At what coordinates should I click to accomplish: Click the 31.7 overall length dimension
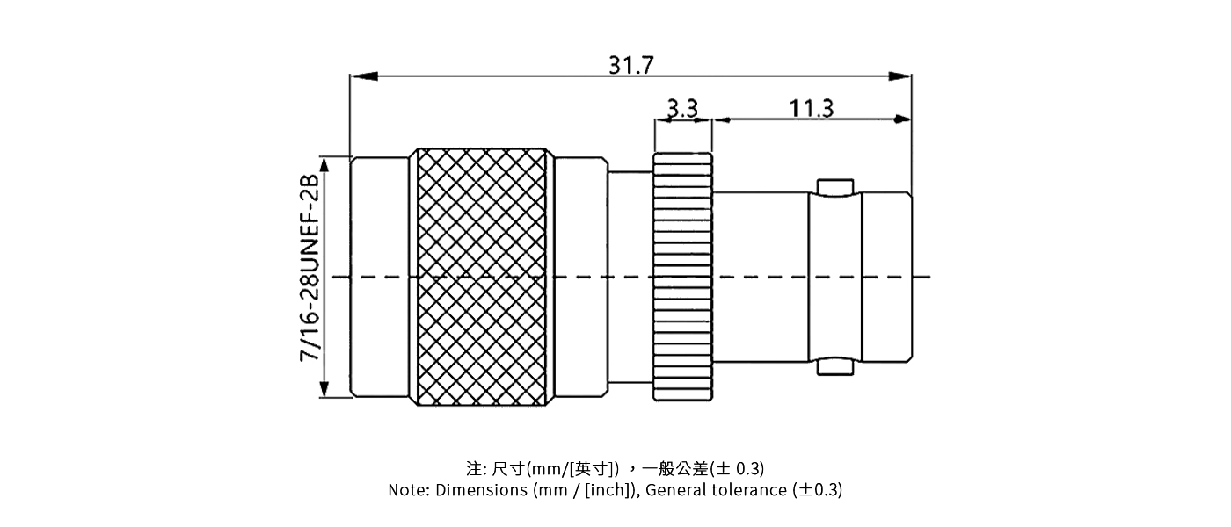tap(630, 65)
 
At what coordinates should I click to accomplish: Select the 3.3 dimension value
tap(682, 108)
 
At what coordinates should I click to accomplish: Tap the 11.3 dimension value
tap(811, 108)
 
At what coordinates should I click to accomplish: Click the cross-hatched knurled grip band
tap(481, 278)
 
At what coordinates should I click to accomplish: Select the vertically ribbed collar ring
tap(682, 278)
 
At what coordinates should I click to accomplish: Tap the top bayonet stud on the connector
tap(834, 186)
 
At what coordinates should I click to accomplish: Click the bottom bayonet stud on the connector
tap(834, 367)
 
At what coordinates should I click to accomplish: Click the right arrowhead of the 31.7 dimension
tap(900, 76)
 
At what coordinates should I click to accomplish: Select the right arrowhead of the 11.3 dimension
tap(902, 119)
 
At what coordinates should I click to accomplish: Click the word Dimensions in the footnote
tap(483, 490)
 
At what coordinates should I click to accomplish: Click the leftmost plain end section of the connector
tap(380, 278)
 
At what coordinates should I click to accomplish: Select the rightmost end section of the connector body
tap(886, 278)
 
